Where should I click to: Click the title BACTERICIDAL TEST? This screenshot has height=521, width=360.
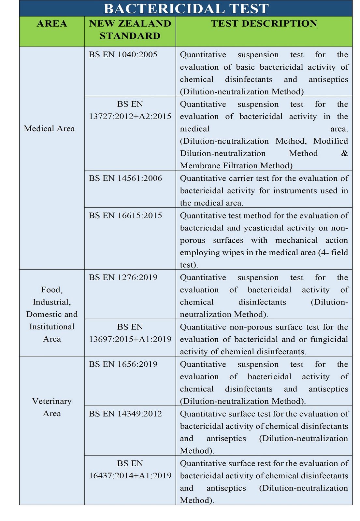(x=186, y=8)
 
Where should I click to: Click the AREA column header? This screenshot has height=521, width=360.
(x=52, y=24)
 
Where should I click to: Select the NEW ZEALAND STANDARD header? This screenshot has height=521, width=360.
(x=130, y=30)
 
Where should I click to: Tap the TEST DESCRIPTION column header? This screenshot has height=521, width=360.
(x=264, y=24)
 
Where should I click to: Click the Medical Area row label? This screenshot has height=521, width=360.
(x=50, y=129)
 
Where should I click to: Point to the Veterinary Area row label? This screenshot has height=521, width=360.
(x=52, y=407)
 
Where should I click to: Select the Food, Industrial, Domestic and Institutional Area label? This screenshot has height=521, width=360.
(x=52, y=314)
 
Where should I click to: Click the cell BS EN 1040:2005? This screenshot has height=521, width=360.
(x=123, y=54)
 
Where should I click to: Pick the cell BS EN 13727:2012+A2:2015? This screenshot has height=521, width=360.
(x=130, y=110)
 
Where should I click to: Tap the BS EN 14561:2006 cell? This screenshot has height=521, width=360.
(x=125, y=178)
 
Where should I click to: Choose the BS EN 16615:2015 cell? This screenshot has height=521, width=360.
(x=125, y=216)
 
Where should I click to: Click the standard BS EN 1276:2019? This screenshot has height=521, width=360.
(x=123, y=277)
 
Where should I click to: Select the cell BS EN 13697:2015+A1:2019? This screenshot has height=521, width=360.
(x=130, y=333)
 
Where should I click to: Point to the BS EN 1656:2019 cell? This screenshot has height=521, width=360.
(x=123, y=364)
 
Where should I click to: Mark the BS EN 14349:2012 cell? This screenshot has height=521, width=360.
(x=125, y=414)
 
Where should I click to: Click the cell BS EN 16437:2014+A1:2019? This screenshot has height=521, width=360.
(x=130, y=469)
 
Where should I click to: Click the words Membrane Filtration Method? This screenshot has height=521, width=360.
(x=235, y=166)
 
